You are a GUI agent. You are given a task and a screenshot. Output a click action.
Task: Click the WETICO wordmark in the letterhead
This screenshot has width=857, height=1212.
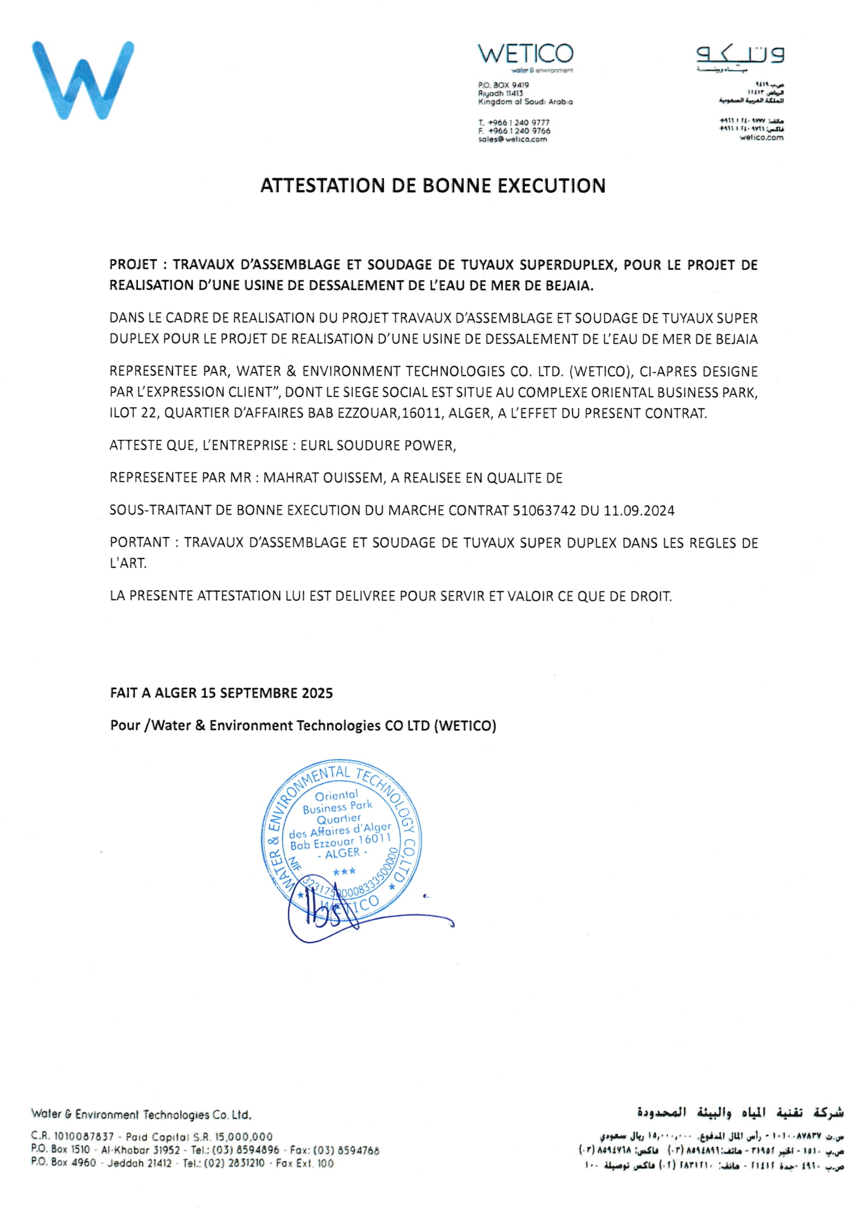525,54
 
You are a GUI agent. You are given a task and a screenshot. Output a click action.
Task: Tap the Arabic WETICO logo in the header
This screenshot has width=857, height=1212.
740,55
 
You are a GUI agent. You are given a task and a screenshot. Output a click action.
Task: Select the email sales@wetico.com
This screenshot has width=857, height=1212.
512,139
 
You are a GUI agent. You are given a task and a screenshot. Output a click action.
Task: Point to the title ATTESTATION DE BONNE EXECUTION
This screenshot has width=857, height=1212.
433,186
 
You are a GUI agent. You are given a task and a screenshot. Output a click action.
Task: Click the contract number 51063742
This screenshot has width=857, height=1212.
544,510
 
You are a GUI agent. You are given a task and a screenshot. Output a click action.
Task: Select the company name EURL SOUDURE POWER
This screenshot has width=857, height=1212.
377,446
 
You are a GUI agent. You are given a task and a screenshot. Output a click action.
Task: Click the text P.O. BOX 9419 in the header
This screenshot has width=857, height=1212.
504,85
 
